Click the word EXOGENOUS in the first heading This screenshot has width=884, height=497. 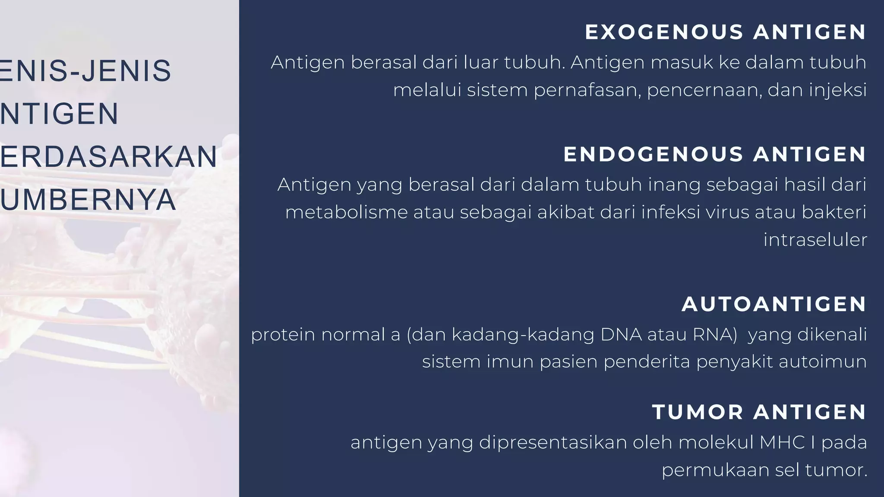[664, 32]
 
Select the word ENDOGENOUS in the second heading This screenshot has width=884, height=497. [653, 154]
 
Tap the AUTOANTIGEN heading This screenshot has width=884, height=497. [774, 304]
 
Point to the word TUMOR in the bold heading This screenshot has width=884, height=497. [698, 412]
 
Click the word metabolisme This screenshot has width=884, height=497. [346, 212]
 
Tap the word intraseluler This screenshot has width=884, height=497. [815, 240]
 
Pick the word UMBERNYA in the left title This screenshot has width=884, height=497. [88, 200]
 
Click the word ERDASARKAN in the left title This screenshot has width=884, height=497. [108, 157]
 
